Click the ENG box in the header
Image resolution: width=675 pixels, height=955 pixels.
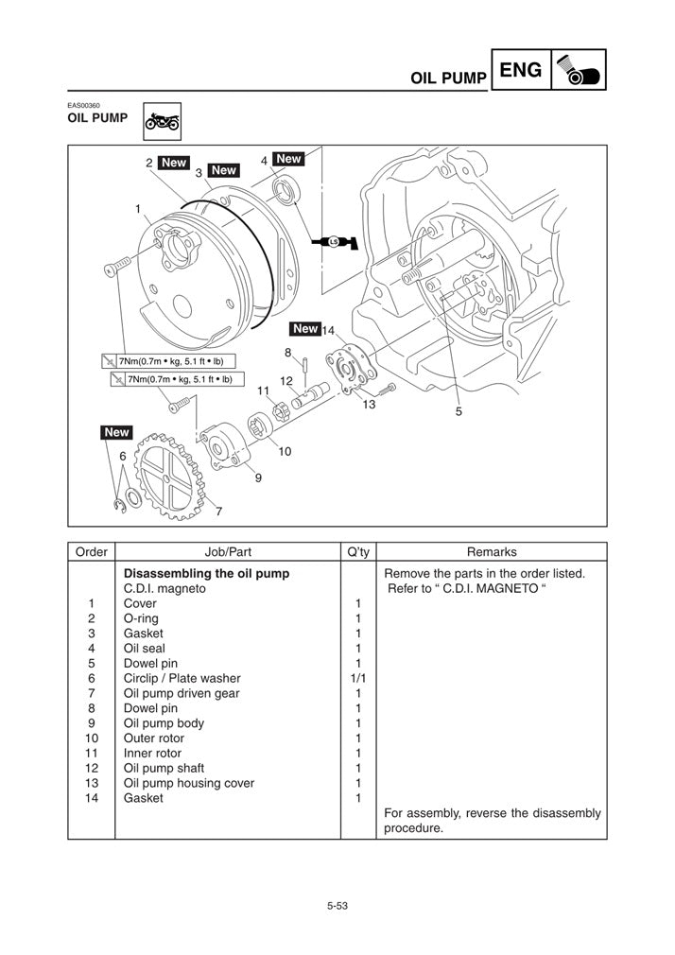(520, 70)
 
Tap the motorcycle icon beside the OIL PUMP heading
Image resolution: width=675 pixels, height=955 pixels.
(162, 121)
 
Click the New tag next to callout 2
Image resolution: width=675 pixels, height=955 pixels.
(173, 163)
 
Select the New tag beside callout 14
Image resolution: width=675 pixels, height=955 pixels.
(304, 329)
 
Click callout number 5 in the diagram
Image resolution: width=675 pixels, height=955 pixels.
(459, 411)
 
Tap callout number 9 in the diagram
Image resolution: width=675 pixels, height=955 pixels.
(258, 478)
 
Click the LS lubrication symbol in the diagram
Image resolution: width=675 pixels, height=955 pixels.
(334, 242)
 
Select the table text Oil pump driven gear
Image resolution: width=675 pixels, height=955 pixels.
(182, 693)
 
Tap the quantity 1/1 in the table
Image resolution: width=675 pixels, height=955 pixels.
(357, 678)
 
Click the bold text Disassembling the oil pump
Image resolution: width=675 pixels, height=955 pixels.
(206, 573)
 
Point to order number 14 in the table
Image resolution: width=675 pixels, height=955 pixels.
(92, 798)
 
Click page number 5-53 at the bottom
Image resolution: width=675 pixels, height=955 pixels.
(337, 906)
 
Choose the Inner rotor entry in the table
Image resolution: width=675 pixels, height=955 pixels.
(152, 753)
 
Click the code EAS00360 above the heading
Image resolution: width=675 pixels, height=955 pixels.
(83, 105)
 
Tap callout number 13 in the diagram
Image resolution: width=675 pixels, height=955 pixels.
(369, 404)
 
